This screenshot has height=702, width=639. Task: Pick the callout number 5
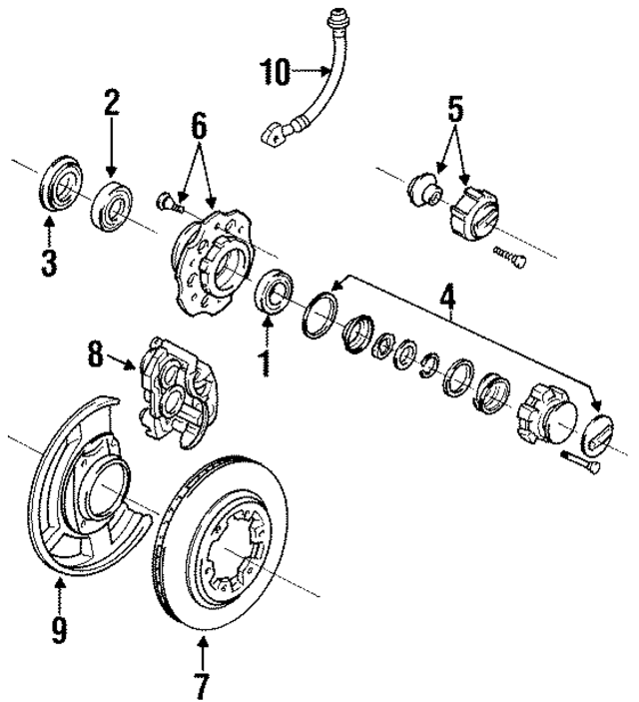click(454, 107)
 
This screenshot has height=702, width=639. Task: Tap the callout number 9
click(59, 628)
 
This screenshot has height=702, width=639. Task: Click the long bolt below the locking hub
click(581, 462)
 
